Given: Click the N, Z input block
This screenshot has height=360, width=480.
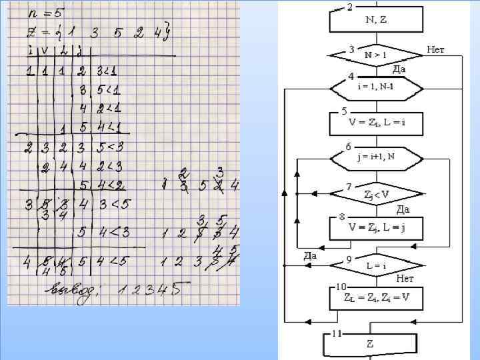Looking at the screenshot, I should [376, 20].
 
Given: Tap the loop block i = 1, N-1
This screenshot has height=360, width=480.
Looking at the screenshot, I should [377, 87].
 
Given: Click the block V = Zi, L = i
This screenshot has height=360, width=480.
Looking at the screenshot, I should [377, 123].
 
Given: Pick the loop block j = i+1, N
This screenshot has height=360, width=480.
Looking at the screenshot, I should [377, 158].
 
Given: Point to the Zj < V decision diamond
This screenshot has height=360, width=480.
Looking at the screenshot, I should [377, 193].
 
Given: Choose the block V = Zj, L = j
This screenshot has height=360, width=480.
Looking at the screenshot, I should [377, 227].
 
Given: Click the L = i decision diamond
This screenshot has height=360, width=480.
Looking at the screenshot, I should [377, 265].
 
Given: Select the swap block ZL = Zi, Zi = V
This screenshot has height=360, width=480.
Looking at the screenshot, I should [377, 297].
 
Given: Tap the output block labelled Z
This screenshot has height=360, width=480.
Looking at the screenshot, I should [371, 344].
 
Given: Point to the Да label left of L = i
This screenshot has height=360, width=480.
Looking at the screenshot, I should [309, 255].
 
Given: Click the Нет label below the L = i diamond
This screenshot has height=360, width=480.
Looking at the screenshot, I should [405, 279].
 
